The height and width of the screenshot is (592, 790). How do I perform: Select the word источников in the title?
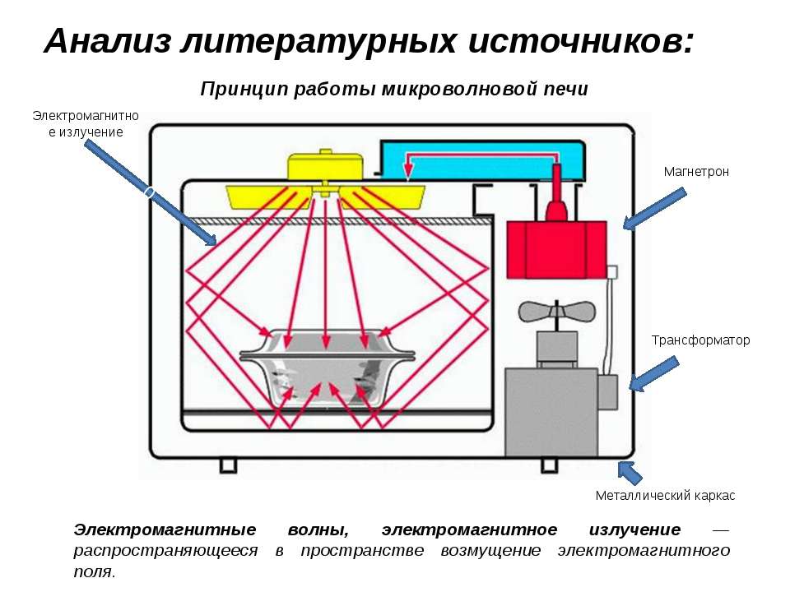580,40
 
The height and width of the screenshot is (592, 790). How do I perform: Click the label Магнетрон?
696,172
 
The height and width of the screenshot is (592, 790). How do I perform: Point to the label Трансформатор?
700,340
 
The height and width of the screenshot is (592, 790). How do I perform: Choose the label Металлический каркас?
665,496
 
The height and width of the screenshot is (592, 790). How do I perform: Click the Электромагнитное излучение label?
86,123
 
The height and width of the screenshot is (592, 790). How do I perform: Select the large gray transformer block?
551,412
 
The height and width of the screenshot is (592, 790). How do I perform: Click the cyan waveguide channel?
481,157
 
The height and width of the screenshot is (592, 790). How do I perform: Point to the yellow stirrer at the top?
325,181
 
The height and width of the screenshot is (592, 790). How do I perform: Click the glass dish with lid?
327,366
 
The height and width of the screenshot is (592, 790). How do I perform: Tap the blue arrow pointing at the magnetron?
655,209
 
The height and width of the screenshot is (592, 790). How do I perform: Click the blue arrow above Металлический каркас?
630,473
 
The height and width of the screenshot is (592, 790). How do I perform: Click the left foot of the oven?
228,466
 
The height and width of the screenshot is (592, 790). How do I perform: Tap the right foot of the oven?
549,466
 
